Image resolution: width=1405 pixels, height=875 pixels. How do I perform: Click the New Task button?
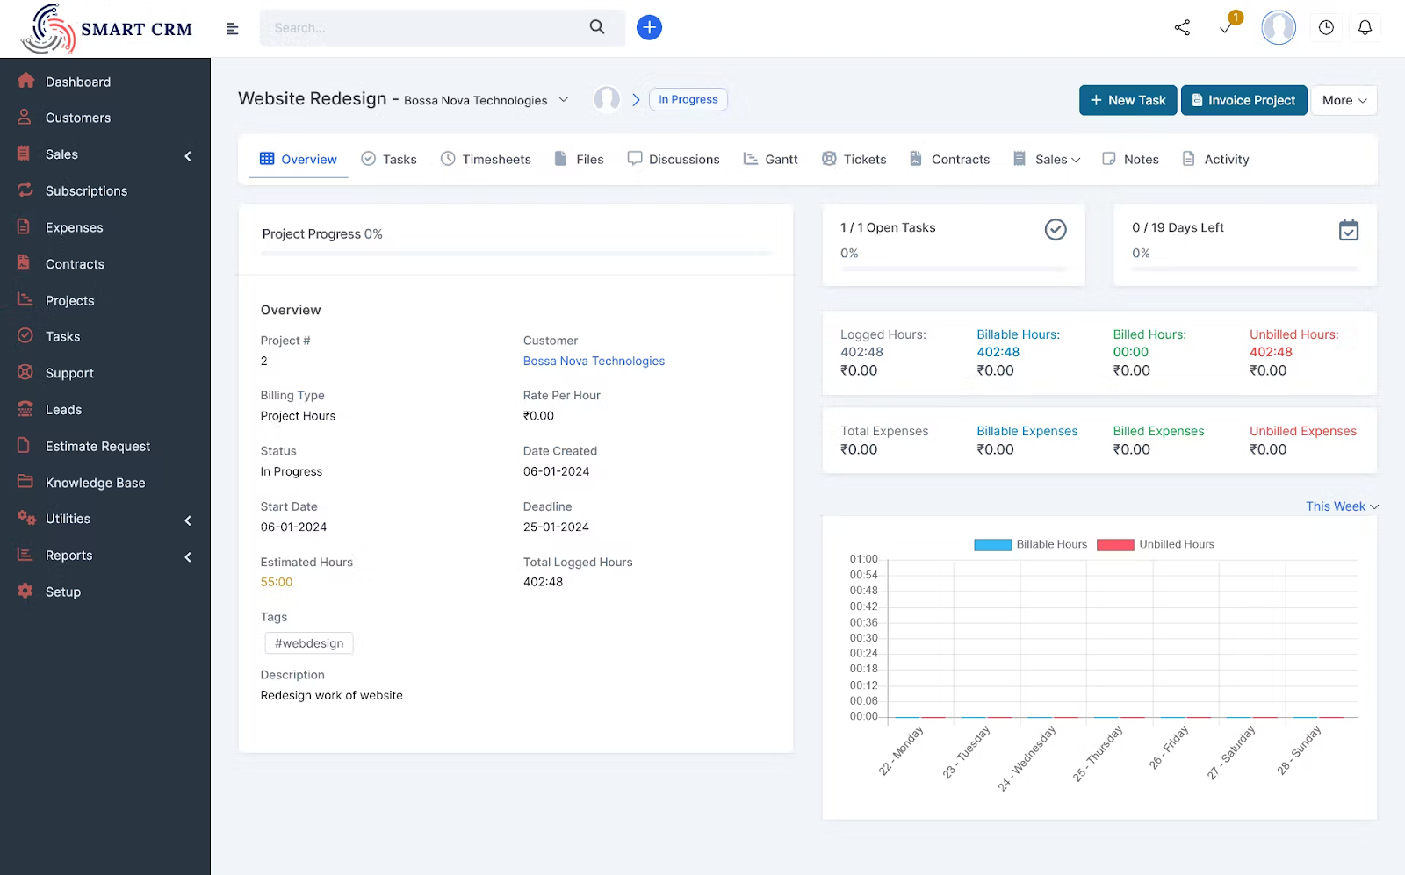coord(1128,100)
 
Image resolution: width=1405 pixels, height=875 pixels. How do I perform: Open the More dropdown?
coord(1344,100)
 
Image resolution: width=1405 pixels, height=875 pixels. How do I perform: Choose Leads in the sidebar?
coord(63,410)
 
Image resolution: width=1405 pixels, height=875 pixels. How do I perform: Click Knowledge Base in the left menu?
coord(95,483)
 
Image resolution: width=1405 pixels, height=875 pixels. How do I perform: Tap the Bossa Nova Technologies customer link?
coord(594,361)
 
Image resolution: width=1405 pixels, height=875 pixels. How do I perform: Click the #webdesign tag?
coord(309,643)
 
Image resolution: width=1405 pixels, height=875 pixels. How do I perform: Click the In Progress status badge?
coord(688,100)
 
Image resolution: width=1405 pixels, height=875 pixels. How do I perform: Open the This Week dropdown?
coord(1341,506)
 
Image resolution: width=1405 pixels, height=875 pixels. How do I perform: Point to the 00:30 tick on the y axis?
coord(863,638)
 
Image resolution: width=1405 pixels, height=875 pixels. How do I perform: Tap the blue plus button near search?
coord(649,27)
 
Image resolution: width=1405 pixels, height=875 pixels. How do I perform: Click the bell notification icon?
coord(1365,27)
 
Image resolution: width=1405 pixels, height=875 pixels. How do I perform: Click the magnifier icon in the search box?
coord(597,27)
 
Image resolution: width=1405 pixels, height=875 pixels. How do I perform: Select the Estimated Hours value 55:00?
coord(277,582)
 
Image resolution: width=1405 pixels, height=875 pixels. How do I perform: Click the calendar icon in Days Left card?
coord(1348,230)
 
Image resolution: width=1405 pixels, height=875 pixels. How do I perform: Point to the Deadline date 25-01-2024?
coord(556,527)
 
